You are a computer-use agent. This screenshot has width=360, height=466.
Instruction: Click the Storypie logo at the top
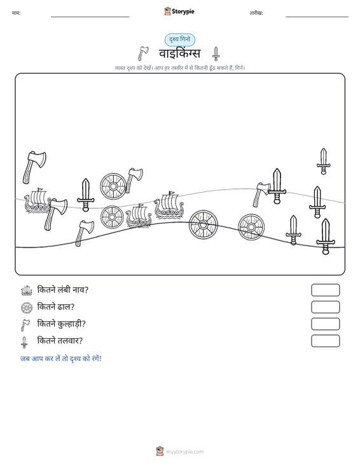coord(179,11)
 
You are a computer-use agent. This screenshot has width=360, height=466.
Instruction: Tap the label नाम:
coord(16,13)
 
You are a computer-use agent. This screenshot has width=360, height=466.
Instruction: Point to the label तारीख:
coord(256,13)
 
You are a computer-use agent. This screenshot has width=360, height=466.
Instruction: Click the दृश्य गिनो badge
coord(180,39)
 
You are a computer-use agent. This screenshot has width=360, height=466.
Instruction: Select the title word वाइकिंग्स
coord(180,54)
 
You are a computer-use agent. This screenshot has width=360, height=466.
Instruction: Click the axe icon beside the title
coord(143,53)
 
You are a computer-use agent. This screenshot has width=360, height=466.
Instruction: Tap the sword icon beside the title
coord(216,54)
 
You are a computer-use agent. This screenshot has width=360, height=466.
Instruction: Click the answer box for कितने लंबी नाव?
coord(325,290)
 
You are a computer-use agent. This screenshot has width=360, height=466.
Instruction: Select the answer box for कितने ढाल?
coord(325,307)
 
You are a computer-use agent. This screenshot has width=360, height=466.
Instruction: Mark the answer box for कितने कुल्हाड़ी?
coord(325,324)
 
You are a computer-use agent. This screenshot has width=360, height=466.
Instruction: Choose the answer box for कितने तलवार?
coord(325,341)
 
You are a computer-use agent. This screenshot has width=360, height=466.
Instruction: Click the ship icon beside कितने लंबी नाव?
coord(27,291)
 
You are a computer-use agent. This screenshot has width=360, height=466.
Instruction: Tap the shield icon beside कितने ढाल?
coord(27,308)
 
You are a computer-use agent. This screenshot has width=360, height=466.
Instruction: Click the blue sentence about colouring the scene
coord(61,359)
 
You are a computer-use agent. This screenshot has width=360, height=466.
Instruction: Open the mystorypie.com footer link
coord(184,452)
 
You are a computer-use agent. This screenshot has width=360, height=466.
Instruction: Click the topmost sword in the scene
coord(324,161)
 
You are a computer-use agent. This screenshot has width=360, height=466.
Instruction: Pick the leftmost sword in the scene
coord(86,195)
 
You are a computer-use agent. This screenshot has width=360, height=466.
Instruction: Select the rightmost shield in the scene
coord(251,228)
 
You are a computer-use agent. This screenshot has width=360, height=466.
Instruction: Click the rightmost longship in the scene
coord(169,205)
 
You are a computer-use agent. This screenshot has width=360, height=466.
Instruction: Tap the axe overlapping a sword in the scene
coord(261,195)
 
